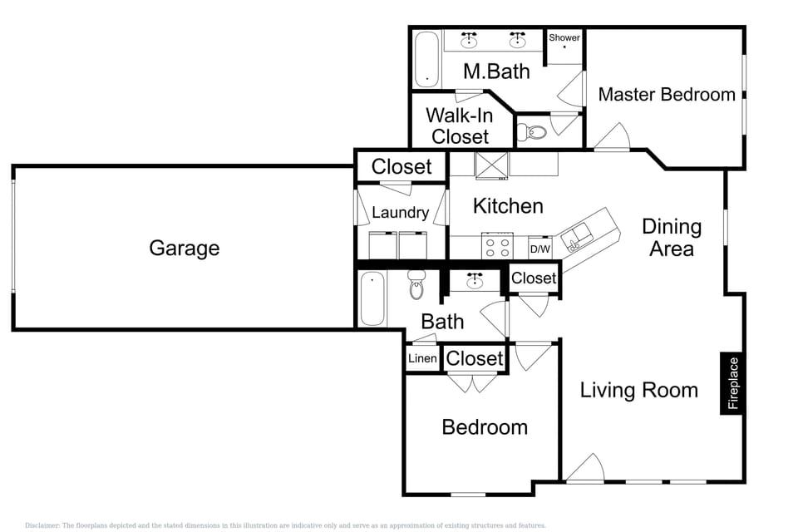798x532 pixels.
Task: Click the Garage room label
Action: (x=184, y=248)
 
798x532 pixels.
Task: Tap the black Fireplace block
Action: (x=732, y=383)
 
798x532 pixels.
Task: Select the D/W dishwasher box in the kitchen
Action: (x=539, y=249)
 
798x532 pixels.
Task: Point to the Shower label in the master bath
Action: (x=564, y=38)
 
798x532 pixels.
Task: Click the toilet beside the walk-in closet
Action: (x=532, y=131)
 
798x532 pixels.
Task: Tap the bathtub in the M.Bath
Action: (x=426, y=60)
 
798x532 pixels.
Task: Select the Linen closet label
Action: (x=422, y=359)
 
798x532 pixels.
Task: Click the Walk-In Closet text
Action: (x=460, y=126)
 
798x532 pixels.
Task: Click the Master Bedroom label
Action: (x=667, y=95)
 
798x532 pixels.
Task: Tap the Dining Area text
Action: (x=672, y=237)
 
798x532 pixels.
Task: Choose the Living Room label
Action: (x=638, y=390)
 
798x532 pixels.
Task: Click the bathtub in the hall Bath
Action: (x=373, y=298)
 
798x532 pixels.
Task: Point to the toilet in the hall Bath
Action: (x=416, y=286)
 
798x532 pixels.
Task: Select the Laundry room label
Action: (x=400, y=213)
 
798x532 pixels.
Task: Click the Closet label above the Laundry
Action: (x=401, y=166)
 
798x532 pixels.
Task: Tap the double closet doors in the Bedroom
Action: (x=471, y=382)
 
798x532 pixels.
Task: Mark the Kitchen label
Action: (x=508, y=205)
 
